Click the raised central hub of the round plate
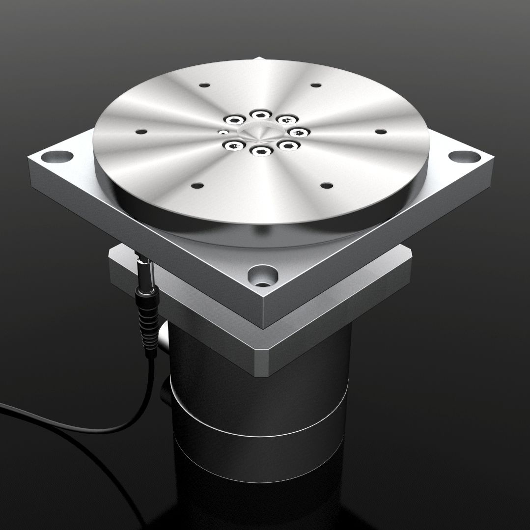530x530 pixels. pyautogui.click(x=260, y=131)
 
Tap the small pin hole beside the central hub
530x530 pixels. pyautogui.click(x=223, y=132)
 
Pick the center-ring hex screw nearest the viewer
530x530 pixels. pyautogui.click(x=260, y=150)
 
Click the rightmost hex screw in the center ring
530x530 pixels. pyautogui.click(x=298, y=132)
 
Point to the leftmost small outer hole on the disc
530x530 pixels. pyautogui.click(x=141, y=132)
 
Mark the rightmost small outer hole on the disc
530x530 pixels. pyautogui.click(x=381, y=131)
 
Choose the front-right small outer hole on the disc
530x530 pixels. pyautogui.click(x=326, y=186)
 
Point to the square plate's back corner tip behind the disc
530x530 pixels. pyautogui.click(x=260, y=59)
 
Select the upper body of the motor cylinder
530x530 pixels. pyautogui.click(x=255, y=383)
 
